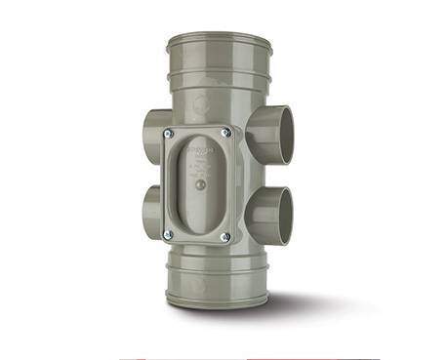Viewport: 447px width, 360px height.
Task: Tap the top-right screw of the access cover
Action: pos(226,130)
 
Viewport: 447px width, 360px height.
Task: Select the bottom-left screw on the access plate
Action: pos(168,232)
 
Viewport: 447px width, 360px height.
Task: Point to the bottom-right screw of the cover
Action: pos(225,236)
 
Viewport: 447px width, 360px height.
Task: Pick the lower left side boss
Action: pos(149,209)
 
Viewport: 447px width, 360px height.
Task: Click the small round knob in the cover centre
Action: pos(199,183)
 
